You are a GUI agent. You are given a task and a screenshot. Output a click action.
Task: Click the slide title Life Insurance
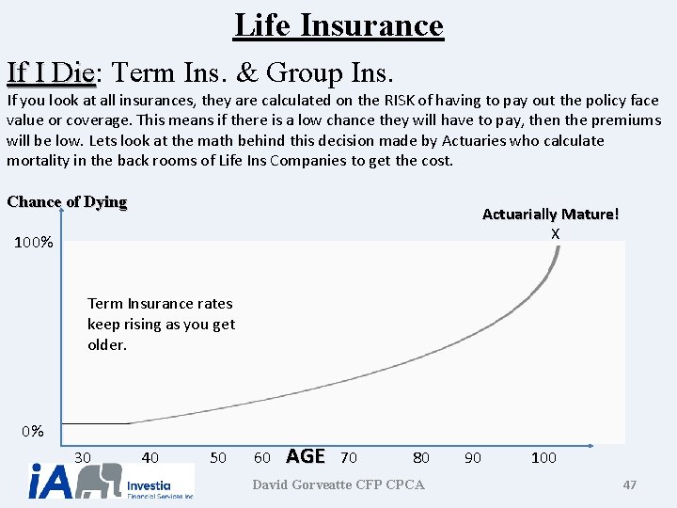point(338,24)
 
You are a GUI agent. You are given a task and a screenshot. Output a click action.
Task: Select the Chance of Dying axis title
point(67,202)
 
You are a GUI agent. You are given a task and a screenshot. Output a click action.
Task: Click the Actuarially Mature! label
point(550,214)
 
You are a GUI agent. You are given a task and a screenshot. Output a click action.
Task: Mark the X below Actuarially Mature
point(556,233)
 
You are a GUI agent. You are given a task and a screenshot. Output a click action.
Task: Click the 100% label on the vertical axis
point(34,243)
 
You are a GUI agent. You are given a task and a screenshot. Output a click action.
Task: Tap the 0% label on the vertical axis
point(33,432)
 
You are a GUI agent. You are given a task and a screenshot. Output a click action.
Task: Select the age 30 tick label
point(83,457)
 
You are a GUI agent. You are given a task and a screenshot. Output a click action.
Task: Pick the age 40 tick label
point(150,457)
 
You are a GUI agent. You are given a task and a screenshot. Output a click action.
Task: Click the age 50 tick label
point(218,457)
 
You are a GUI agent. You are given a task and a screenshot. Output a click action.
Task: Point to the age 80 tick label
point(421,457)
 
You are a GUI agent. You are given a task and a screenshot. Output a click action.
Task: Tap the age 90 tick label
point(473,457)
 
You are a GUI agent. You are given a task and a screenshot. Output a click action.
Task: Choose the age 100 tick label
point(543,457)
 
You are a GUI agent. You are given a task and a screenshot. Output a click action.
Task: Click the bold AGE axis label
point(305,456)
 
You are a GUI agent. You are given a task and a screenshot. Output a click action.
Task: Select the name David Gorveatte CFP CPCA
point(338,484)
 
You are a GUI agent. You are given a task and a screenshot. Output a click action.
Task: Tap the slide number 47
point(630,484)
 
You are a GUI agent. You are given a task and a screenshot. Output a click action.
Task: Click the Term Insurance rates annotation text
point(161,324)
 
